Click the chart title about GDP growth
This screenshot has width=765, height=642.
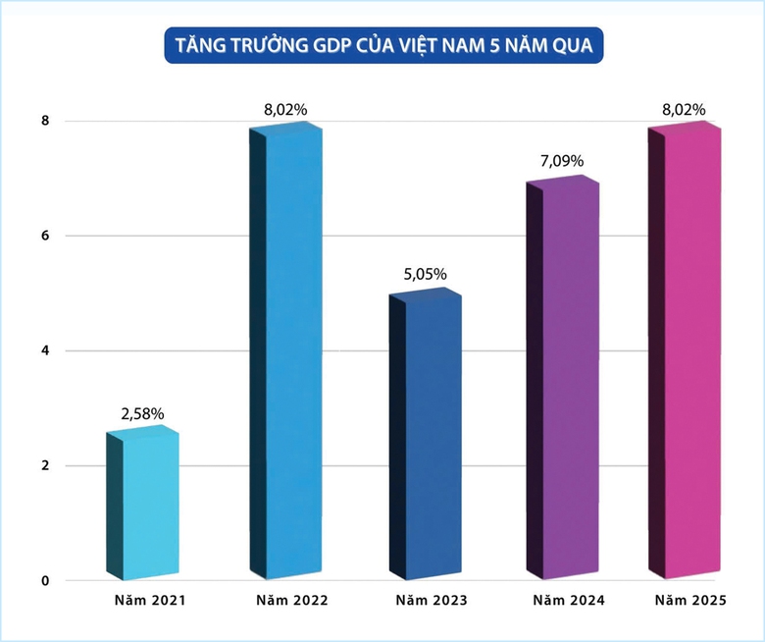pyautogui.click(x=383, y=45)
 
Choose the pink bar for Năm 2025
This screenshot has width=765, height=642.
pyautogui.click(x=692, y=353)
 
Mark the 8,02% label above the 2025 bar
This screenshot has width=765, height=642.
pyautogui.click(x=683, y=110)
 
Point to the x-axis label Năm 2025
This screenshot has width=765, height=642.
pyautogui.click(x=692, y=599)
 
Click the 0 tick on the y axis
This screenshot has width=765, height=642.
pyautogui.click(x=45, y=580)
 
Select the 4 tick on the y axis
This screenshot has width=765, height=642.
pyautogui.click(x=45, y=350)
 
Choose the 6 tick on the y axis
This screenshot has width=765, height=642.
pyautogui.click(x=45, y=236)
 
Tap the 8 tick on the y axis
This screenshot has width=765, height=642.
pyautogui.click(x=45, y=121)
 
